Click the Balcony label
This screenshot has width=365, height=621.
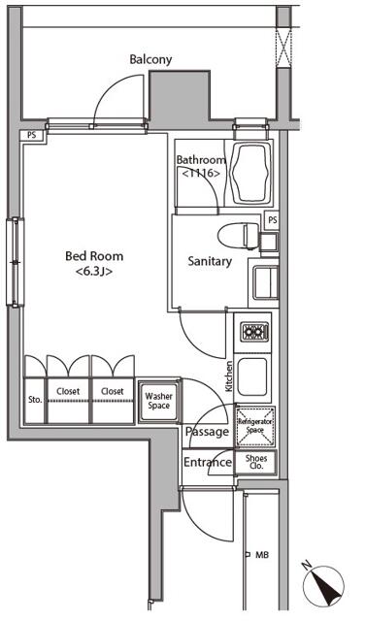pyautogui.click(x=150, y=59)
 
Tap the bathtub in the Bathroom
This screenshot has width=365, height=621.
pyautogui.click(x=252, y=173)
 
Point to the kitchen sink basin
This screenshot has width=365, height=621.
pyautogui.click(x=252, y=376)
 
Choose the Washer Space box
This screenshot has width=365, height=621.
pyautogui.click(x=158, y=401)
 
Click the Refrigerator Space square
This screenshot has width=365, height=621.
pyautogui.click(x=254, y=426)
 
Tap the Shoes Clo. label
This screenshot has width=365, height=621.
pyautogui.click(x=256, y=462)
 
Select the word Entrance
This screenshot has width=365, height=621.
pyautogui.click(x=208, y=462)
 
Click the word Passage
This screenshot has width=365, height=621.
pyautogui.click(x=208, y=431)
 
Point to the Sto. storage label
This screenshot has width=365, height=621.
pyautogui.click(x=35, y=400)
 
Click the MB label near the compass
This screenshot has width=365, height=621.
pyautogui.click(x=261, y=555)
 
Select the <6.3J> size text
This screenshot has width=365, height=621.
pyautogui.click(x=94, y=272)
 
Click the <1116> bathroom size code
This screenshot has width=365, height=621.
pyautogui.click(x=201, y=173)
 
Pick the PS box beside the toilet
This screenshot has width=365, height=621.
pyautogui.click(x=272, y=220)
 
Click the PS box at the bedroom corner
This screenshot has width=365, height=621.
pyautogui.click(x=32, y=135)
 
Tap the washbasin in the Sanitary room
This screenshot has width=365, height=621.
pyautogui.click(x=265, y=282)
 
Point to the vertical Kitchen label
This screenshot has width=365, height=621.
pyautogui.click(x=229, y=376)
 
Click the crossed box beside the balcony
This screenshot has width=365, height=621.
pyautogui.click(x=283, y=48)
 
